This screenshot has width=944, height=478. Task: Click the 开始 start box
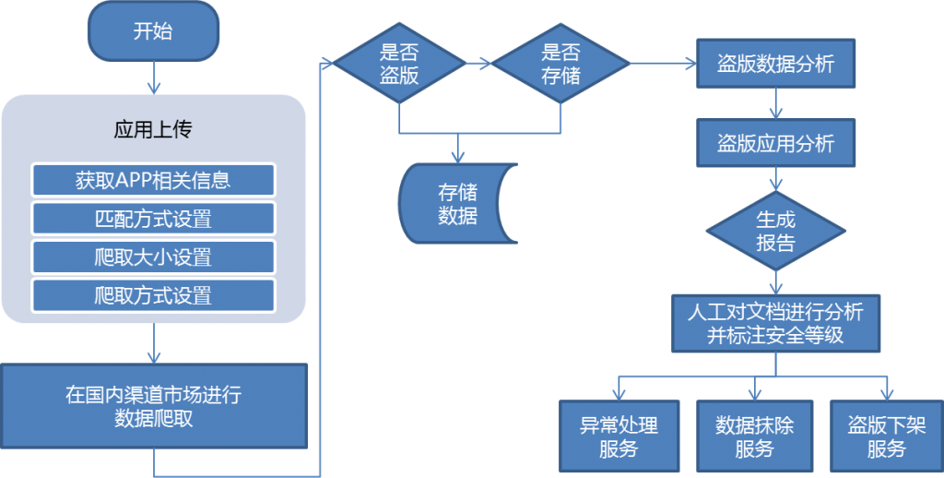[153, 31]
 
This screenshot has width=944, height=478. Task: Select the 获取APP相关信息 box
[153, 180]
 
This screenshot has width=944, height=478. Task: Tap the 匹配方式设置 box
[153, 219]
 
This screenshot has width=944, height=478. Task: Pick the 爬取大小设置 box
[153, 257]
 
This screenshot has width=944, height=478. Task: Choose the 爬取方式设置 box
[153, 295]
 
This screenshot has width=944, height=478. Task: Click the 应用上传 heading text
[153, 129]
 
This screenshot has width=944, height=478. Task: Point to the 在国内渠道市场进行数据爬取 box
[153, 407]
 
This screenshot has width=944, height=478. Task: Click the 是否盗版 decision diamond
[399, 64]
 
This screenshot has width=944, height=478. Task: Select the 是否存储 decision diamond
[560, 64]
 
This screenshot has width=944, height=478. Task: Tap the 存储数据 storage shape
[455, 204]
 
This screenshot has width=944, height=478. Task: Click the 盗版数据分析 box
[775, 64]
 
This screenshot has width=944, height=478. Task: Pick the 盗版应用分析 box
[775, 143]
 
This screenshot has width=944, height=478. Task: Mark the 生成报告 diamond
[775, 231]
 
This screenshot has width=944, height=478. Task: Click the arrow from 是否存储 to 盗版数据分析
[662, 64]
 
